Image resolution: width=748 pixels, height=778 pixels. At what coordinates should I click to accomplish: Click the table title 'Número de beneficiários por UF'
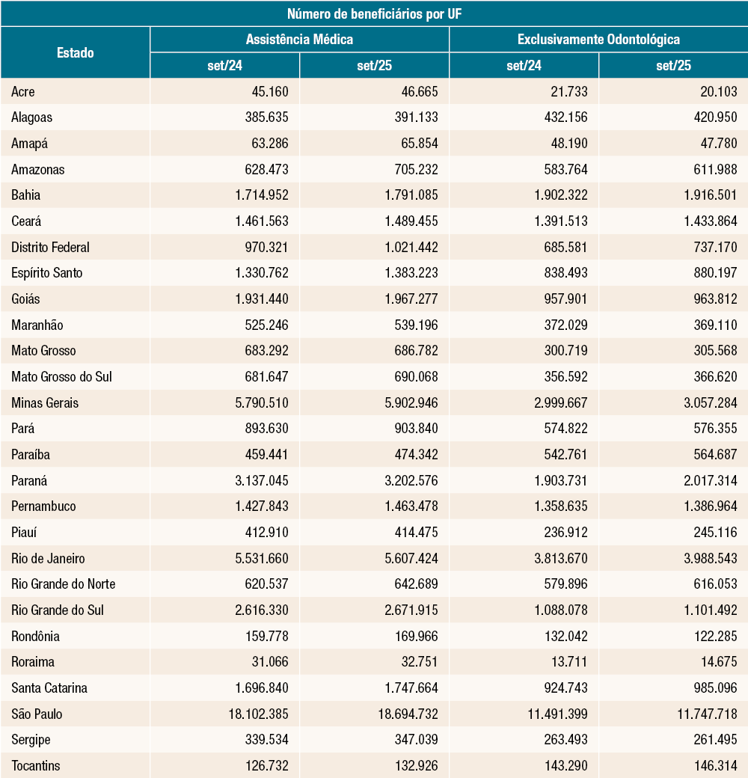tap(374, 13)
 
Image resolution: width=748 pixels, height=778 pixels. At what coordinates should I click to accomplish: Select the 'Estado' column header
tap(75, 52)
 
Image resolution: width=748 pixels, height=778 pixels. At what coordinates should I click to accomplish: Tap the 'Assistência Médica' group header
tap(299, 40)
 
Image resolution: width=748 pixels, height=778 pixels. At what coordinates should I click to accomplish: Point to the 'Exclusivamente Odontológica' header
tap(598, 40)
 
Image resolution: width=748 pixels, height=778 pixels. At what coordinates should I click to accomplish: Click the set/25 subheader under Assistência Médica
tap(374, 66)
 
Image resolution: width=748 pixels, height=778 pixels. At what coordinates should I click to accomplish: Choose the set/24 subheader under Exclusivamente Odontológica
tap(524, 66)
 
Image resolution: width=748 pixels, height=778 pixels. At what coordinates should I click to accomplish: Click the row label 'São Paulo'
tap(37, 714)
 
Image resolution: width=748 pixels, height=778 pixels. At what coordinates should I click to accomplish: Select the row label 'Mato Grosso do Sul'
tap(61, 376)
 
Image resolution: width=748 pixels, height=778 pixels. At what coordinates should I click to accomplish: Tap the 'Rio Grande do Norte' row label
tap(64, 583)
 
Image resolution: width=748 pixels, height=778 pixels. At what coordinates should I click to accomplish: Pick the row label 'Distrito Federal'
tap(51, 247)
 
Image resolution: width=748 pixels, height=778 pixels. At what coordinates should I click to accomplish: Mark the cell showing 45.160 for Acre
tap(266, 91)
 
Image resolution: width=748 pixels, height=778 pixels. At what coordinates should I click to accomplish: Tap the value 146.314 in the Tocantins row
tap(715, 765)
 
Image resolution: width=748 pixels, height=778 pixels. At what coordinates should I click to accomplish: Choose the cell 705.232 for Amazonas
tap(416, 169)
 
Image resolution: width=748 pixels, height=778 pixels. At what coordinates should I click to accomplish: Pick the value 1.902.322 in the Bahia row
tap(557, 195)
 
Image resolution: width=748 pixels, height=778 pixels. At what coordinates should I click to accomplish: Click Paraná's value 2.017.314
tap(707, 480)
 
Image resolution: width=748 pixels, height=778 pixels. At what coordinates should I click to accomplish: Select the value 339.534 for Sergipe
tap(266, 739)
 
